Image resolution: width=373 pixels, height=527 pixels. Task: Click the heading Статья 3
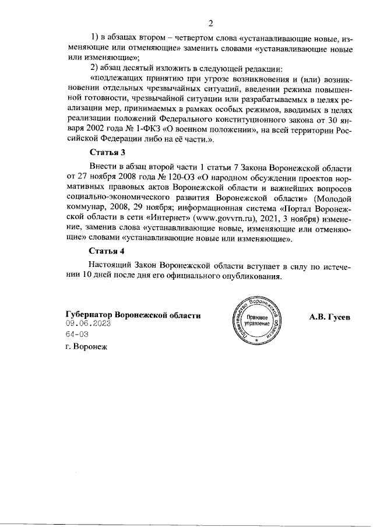click(107, 153)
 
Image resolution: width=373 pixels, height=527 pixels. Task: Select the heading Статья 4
click(107, 252)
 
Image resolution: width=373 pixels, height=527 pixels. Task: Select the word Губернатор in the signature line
click(89, 315)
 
